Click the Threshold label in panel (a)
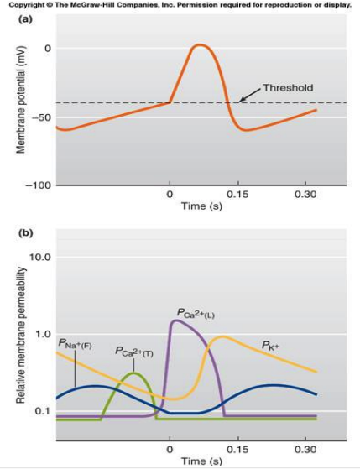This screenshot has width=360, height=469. (288, 87)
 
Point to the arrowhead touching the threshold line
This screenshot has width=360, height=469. (242, 100)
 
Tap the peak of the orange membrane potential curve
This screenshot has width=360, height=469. (200, 45)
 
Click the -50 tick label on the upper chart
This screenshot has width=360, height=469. (41, 117)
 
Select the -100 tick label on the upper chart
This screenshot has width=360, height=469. (39, 185)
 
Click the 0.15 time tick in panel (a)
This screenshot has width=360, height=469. (238, 195)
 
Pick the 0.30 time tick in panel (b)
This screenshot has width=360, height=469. (305, 450)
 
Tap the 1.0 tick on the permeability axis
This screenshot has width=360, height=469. (44, 334)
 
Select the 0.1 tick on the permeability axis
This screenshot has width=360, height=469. (44, 411)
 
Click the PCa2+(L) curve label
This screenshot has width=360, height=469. (196, 313)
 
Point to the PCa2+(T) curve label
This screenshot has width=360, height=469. (134, 352)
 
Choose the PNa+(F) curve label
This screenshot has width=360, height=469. (76, 345)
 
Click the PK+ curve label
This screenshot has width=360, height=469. (269, 346)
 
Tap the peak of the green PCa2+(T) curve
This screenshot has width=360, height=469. (133, 373)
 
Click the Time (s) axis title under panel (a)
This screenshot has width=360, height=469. (201, 206)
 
